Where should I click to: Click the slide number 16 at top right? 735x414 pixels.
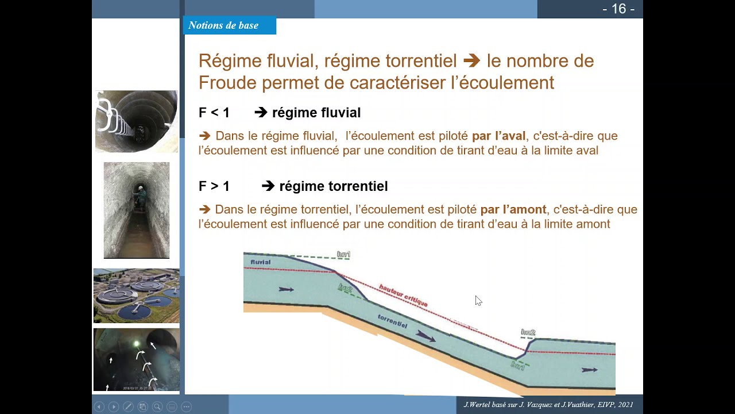618,9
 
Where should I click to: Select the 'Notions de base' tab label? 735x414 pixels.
223,25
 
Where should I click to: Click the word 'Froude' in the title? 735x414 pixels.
227,83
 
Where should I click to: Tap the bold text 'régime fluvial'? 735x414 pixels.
316,113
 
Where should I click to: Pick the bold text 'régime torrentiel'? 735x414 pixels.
333,186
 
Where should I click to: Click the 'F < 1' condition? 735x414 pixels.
214,113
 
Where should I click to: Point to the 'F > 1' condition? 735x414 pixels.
214,186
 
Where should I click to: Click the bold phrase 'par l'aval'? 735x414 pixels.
498,136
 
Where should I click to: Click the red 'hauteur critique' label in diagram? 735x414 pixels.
403,295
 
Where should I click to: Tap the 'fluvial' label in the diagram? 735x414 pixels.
260,262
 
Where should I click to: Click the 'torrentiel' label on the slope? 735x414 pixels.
393,321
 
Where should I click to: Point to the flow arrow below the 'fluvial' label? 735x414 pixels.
286,289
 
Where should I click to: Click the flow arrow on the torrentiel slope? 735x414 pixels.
425,335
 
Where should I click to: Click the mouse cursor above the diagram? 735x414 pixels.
478,300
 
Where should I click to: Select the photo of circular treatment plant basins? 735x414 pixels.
137,295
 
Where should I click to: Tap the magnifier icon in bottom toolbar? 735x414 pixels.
157,407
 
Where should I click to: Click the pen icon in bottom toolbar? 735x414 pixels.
128,407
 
